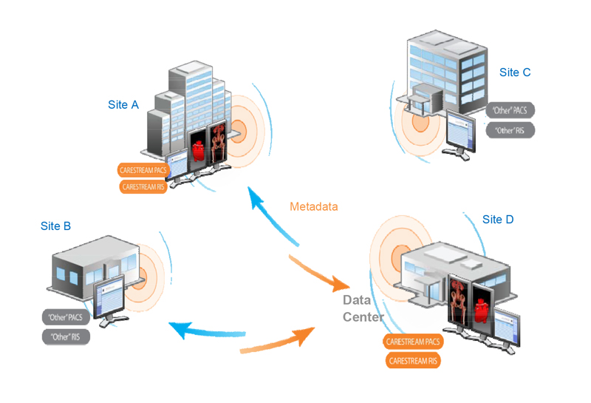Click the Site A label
[123, 105]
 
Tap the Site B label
[56, 226]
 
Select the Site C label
[515, 72]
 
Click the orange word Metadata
[314, 206]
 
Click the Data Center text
[363, 308]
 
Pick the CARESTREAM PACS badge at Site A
[143, 171]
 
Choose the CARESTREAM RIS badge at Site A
[143, 186]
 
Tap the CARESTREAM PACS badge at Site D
[414, 342]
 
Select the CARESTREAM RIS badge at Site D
[414, 361]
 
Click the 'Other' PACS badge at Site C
[510, 111]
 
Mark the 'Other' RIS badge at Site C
[510, 131]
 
